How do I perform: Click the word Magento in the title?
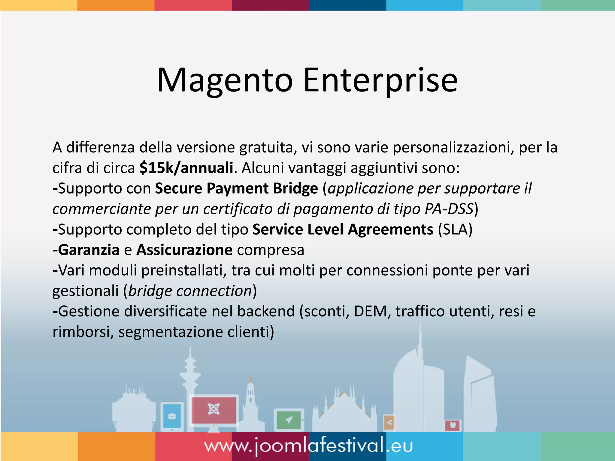point(225,80)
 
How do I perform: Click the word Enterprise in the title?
point(380,80)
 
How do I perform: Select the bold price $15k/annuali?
point(186,168)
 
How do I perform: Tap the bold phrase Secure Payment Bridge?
point(236,188)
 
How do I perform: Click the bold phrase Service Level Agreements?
point(343,230)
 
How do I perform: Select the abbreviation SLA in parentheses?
point(455,230)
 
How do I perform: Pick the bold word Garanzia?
point(89,250)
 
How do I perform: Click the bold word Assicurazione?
point(184,250)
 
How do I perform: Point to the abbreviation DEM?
point(372,311)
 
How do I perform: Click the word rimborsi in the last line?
point(81,332)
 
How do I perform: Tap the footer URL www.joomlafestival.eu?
point(308,446)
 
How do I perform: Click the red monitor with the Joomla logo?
point(214,410)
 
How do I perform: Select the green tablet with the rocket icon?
point(289,420)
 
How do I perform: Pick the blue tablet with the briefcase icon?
point(172,416)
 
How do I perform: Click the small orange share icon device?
point(389,423)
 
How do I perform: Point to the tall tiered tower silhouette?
point(190,375)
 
